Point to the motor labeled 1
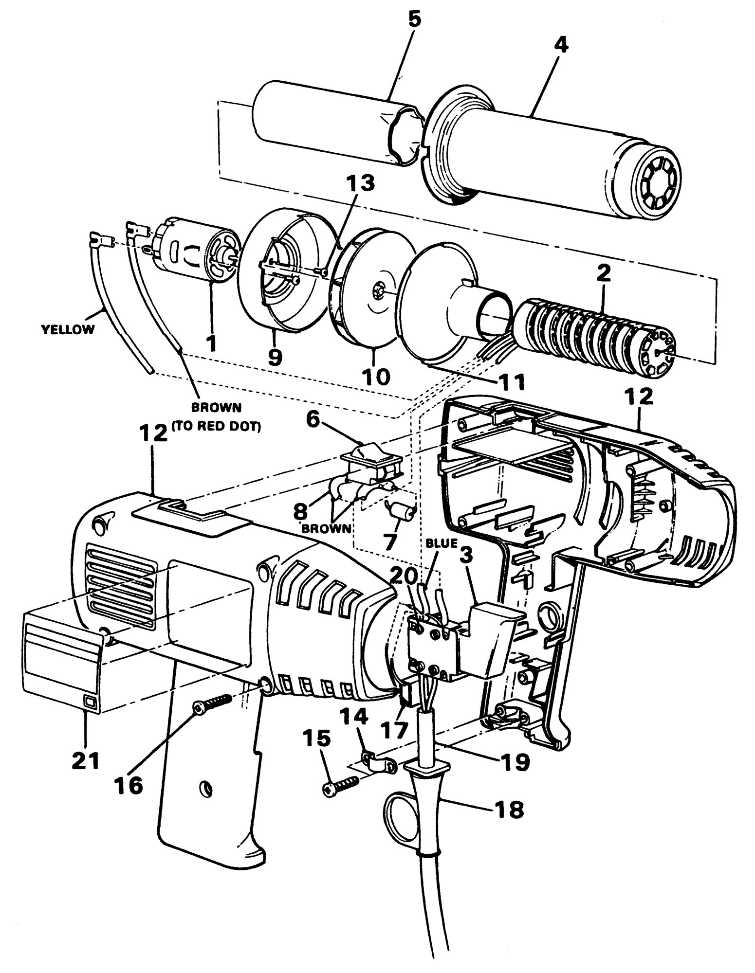(x=197, y=255)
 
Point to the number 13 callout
(x=361, y=184)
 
